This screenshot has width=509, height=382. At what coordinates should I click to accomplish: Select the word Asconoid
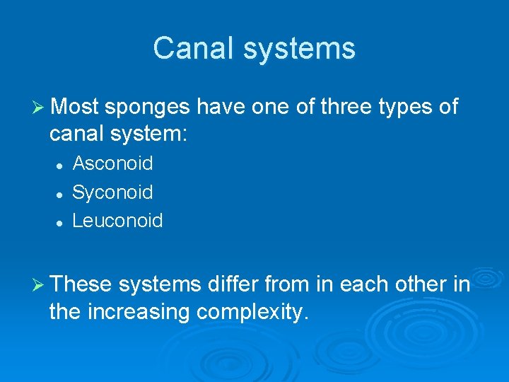(x=113, y=163)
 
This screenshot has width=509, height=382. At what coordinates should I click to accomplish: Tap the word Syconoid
(x=113, y=192)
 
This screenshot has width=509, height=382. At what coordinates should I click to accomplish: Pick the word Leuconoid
(x=118, y=221)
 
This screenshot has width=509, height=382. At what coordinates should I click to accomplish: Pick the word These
(x=81, y=284)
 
